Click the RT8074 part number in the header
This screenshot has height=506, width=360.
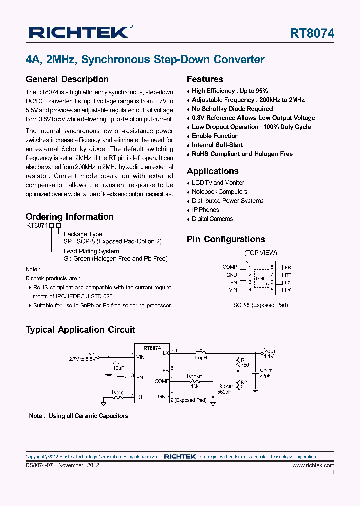(x=312, y=33)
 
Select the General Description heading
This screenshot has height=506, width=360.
(x=67, y=79)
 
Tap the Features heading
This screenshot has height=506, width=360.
(x=205, y=79)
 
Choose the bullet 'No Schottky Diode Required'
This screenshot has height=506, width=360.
(x=232, y=109)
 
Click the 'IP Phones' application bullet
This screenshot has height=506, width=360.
(x=205, y=210)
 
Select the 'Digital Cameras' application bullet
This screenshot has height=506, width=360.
(x=212, y=219)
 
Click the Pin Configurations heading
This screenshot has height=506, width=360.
(x=226, y=239)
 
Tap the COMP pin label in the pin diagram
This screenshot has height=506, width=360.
(x=230, y=267)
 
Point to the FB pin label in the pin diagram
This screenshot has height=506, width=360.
(x=288, y=268)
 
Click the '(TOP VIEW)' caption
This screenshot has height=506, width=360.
(x=260, y=253)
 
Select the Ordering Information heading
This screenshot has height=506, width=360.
(x=70, y=217)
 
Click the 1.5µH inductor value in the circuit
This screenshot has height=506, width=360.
(x=201, y=358)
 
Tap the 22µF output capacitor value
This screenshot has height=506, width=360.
(x=265, y=376)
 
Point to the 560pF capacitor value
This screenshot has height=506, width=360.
(x=223, y=392)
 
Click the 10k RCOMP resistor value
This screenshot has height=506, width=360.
(x=194, y=387)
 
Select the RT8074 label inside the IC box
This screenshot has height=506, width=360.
(x=152, y=348)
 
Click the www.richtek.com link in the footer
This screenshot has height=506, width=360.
(x=313, y=465)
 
